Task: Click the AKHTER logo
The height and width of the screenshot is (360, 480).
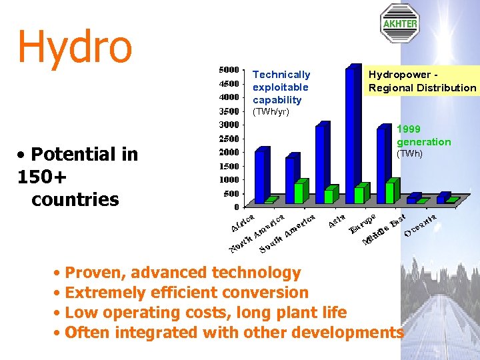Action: tap(399, 23)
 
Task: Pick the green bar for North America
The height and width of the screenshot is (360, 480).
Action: tap(300, 191)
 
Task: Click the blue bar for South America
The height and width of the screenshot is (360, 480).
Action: tap(321, 163)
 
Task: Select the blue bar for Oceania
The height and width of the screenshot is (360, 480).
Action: tap(443, 197)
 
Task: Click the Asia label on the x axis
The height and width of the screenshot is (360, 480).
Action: tap(337, 221)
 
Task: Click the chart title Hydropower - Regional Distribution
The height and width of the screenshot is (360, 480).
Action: tap(422, 81)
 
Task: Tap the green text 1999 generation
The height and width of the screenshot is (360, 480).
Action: tap(423, 135)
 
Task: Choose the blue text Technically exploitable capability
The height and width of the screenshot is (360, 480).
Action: tap(281, 87)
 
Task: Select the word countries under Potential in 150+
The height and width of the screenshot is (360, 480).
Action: tap(75, 199)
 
